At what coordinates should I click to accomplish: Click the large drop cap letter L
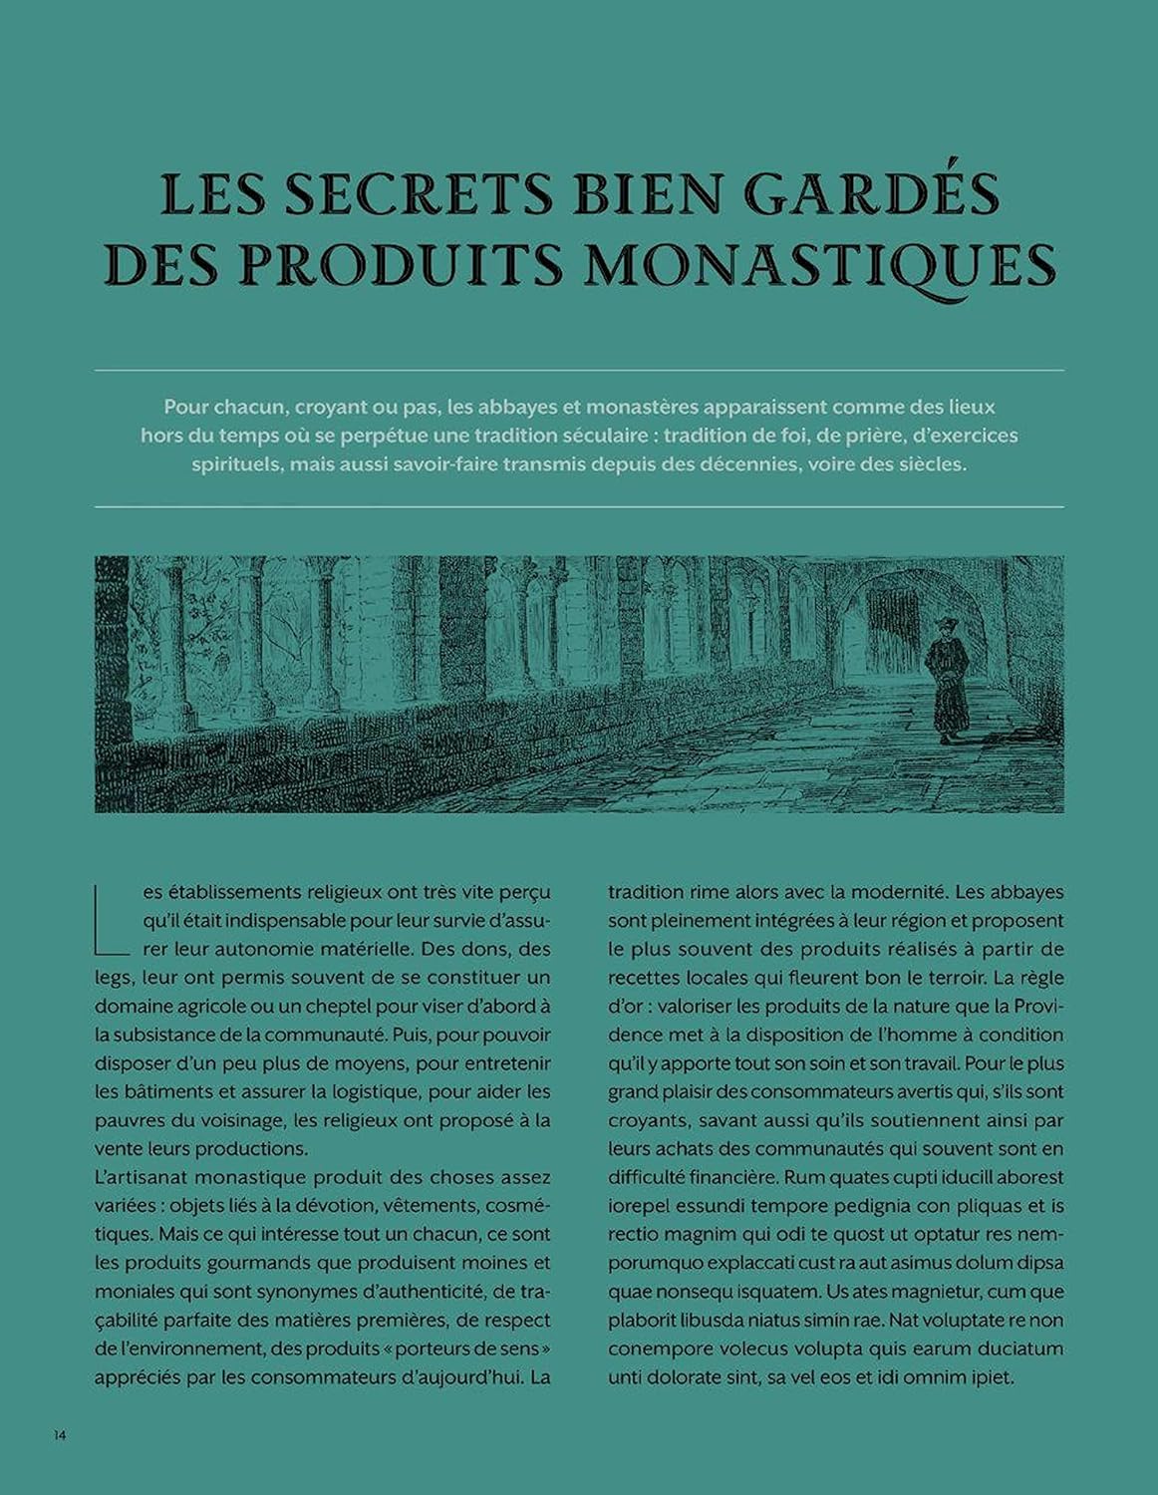coord(112,916)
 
